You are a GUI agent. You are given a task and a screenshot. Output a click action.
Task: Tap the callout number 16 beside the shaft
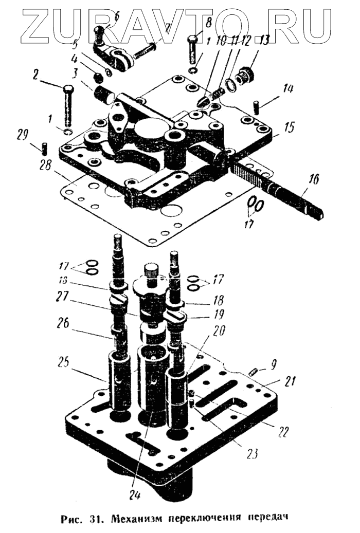(313, 179)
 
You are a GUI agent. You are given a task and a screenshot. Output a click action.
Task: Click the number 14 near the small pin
(287, 89)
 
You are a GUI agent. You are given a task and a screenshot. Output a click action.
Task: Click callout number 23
(251, 453)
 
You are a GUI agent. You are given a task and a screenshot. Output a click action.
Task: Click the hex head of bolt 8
(193, 40)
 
